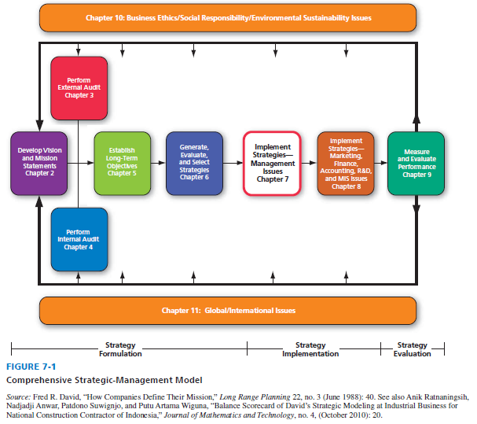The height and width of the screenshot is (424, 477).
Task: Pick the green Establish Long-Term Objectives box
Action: pos(121,161)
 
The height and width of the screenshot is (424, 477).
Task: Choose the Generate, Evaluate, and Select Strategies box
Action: pos(194,161)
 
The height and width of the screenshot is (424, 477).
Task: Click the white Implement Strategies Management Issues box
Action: pos(272,162)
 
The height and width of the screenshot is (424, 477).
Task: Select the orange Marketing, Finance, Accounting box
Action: pos(345,163)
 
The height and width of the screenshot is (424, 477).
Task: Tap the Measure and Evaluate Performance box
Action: pos(416,163)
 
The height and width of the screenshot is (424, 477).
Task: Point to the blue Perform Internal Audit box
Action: pos(79,238)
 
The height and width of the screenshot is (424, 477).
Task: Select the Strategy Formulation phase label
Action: pos(120,349)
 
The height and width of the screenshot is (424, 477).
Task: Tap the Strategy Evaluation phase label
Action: pos(413,349)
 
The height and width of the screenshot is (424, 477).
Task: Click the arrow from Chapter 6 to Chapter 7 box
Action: pos(233,163)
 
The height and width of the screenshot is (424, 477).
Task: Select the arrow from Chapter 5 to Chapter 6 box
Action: pos(158,163)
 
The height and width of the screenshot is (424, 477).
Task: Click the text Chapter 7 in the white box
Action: pos(272,179)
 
